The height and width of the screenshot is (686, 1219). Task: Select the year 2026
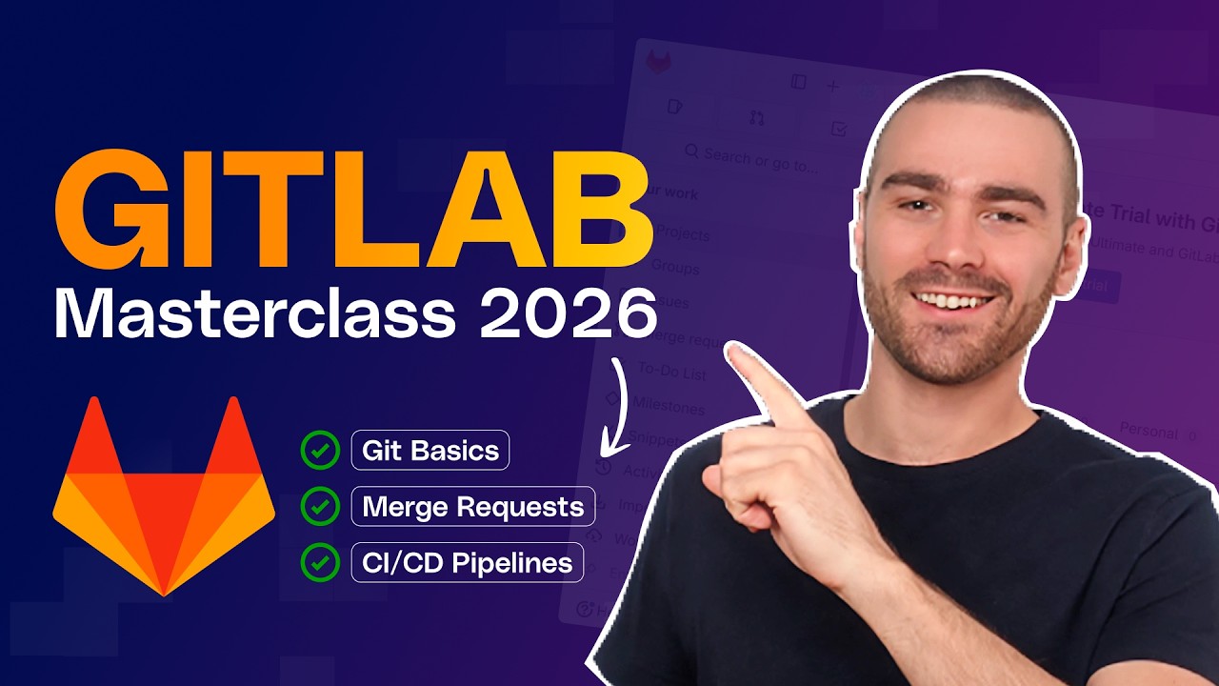[568, 314]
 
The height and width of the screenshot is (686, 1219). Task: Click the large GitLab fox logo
[164, 495]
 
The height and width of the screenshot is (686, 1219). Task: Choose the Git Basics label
[430, 451]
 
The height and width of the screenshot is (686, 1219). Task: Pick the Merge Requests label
[473, 507]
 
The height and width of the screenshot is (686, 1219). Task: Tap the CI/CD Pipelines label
[468, 562]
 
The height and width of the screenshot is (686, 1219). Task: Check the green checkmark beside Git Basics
[320, 451]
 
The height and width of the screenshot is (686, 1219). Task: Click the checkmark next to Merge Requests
[320, 507]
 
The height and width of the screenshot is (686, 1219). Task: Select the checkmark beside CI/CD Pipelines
[320, 562]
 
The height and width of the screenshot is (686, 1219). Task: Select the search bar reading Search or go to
[752, 158]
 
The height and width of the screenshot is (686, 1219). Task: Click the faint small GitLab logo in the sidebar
[658, 64]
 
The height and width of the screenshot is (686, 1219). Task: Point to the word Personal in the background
[1149, 431]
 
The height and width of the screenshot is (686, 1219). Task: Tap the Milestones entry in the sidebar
[669, 407]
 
